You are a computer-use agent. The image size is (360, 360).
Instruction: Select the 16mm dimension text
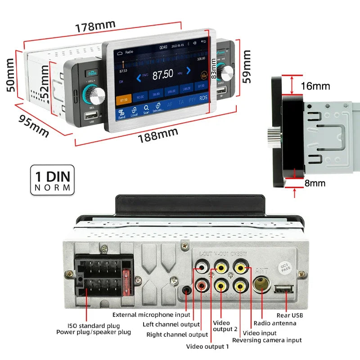pos(315,86)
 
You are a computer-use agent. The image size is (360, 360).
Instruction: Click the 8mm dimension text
pos(315,183)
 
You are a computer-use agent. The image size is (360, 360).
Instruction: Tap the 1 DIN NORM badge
pos(52,180)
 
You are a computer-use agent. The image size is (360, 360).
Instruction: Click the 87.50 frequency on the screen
pos(162,75)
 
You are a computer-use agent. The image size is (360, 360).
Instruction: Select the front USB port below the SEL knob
pos(92,115)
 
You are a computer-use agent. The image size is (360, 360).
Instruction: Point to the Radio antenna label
pos(275,323)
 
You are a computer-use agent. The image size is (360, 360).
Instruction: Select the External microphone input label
pos(151,315)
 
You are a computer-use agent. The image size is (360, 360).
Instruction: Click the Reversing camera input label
pos(267,340)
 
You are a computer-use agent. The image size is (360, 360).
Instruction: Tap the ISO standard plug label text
pos(94,325)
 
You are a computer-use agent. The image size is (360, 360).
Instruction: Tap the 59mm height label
pos(247,67)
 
